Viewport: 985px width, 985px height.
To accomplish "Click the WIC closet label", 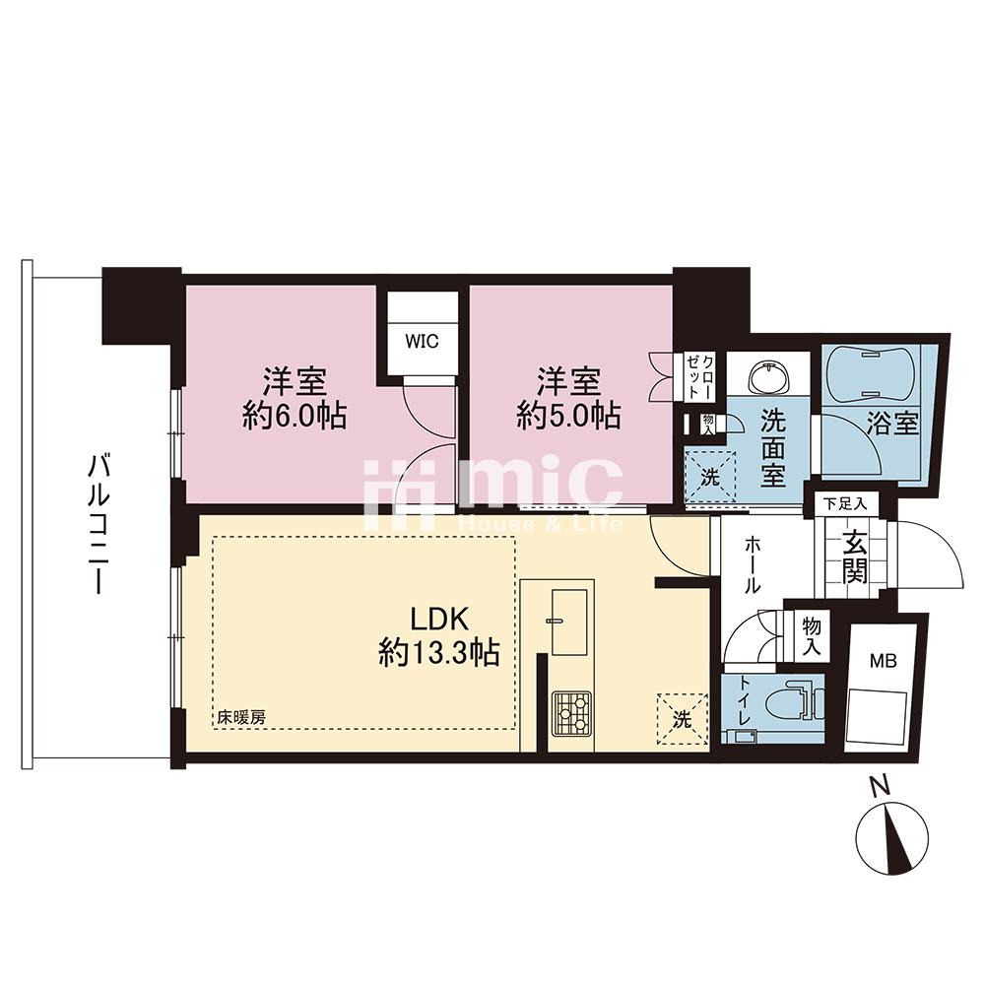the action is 422,342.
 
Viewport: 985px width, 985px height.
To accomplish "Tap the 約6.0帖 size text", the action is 295,416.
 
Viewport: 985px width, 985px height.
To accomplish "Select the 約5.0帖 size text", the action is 568,416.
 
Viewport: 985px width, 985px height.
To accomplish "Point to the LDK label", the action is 439,620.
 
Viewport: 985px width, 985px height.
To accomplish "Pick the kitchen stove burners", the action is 571,713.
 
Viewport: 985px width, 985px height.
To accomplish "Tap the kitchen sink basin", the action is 569,621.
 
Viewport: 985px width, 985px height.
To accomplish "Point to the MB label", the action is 883,661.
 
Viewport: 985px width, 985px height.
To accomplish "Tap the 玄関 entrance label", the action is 855,557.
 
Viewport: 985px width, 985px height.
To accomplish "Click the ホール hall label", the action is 753,564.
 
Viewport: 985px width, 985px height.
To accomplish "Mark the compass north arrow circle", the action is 892,838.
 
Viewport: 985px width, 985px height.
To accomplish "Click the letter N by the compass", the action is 881,786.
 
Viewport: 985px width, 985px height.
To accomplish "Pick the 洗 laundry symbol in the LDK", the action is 683,719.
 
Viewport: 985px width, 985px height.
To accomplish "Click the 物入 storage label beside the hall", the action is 812,637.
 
